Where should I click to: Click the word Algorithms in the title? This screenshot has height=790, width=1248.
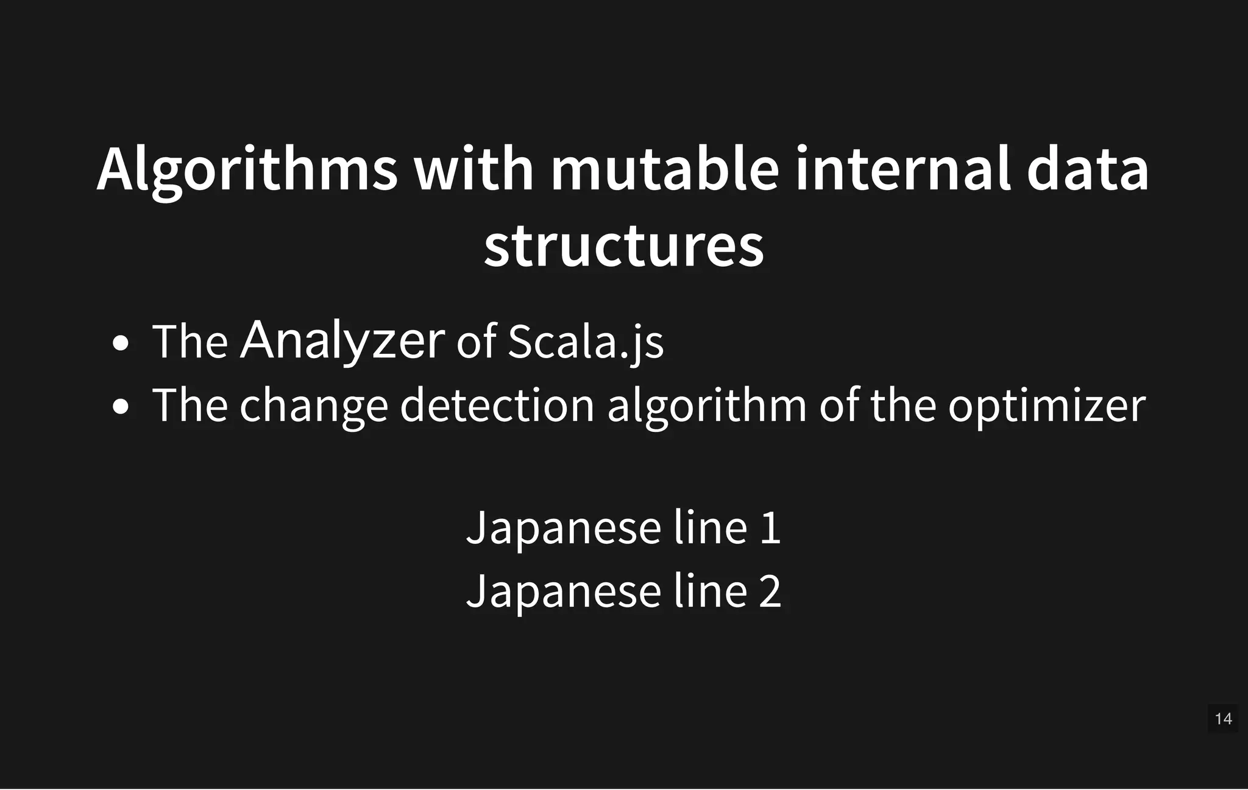tap(247, 170)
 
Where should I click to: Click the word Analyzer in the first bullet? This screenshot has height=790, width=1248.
tap(342, 341)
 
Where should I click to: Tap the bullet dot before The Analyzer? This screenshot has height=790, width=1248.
tap(121, 343)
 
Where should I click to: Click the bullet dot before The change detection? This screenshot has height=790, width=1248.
tap(121, 406)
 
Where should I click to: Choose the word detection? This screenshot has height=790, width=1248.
tap(497, 405)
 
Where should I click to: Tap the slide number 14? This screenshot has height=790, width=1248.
tap(1223, 719)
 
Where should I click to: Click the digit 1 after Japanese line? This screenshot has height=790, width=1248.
tap(770, 527)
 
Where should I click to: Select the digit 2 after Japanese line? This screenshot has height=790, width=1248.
tap(770, 591)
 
